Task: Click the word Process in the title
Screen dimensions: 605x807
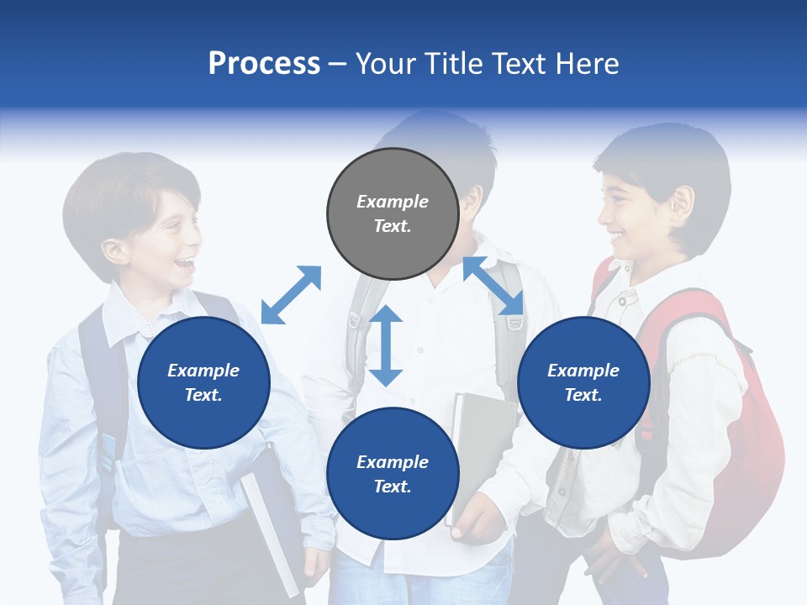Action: tap(264, 64)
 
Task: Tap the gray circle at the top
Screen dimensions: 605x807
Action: tap(393, 213)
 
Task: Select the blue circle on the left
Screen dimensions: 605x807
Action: tap(203, 382)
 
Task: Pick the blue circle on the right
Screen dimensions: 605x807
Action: tap(583, 382)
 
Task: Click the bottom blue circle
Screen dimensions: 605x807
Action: tap(393, 474)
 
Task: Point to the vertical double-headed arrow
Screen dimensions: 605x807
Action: tap(386, 345)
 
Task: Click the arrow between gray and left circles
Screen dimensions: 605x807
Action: tap(291, 295)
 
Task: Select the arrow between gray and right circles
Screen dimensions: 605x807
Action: tap(493, 286)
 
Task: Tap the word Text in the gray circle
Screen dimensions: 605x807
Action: tap(392, 226)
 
